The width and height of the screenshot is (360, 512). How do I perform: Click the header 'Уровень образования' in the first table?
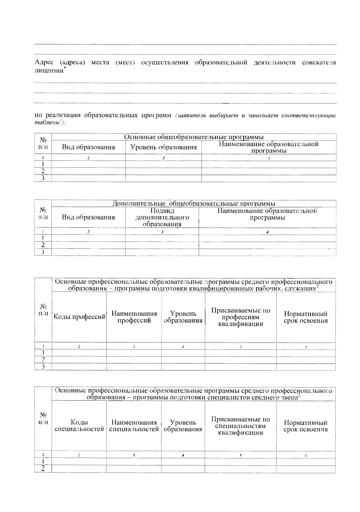(x=163, y=147)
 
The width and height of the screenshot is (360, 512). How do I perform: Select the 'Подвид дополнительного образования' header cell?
(x=162, y=217)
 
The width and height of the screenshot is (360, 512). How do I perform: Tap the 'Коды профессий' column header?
(x=79, y=317)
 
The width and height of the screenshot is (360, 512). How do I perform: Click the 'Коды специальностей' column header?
(x=79, y=426)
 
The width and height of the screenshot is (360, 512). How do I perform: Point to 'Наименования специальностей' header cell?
(x=134, y=426)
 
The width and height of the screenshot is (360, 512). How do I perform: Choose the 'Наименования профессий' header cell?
(x=134, y=317)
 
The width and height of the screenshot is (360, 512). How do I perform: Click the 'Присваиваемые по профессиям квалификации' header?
(x=241, y=317)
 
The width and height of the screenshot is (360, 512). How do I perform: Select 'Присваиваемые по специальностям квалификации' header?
(x=241, y=426)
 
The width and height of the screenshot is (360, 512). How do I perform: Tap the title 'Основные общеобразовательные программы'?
(x=194, y=137)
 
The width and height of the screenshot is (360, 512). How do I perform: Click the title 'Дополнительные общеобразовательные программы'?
(x=194, y=204)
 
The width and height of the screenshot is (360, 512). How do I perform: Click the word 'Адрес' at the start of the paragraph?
(x=44, y=63)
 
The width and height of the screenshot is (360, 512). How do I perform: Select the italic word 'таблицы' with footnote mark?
(x=47, y=123)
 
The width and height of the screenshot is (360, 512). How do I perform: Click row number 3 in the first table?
(x=43, y=178)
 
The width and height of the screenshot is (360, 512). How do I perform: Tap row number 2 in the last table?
(x=43, y=469)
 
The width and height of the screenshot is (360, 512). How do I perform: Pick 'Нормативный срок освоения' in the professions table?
(x=305, y=317)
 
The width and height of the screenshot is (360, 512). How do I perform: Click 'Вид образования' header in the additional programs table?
(x=88, y=217)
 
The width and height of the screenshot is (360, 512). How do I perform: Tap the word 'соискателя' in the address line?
(x=319, y=63)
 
